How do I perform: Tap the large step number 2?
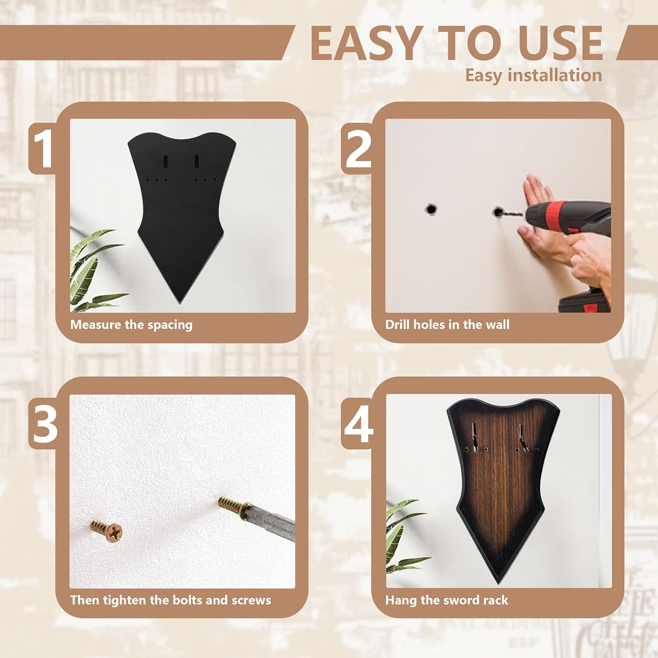(358, 149)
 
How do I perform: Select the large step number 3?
(45, 424)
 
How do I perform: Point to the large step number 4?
(358, 424)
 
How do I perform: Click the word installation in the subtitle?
(555, 75)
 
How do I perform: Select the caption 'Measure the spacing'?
(131, 325)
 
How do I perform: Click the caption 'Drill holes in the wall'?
(447, 325)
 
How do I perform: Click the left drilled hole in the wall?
(431, 209)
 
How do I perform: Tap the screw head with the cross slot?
(114, 532)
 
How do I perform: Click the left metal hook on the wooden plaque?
(474, 437)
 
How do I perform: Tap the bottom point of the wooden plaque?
(498, 583)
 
